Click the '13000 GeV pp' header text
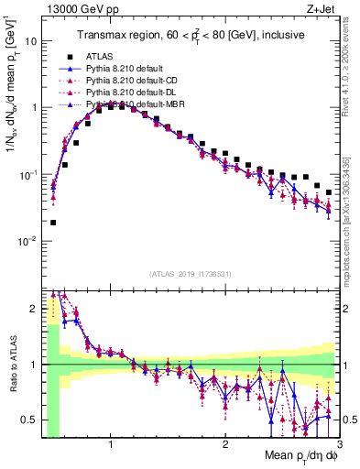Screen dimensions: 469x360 coord(77,10)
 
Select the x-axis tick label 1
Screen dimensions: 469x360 coord(111,445)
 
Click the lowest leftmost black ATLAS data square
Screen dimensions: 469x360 coord(53,222)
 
